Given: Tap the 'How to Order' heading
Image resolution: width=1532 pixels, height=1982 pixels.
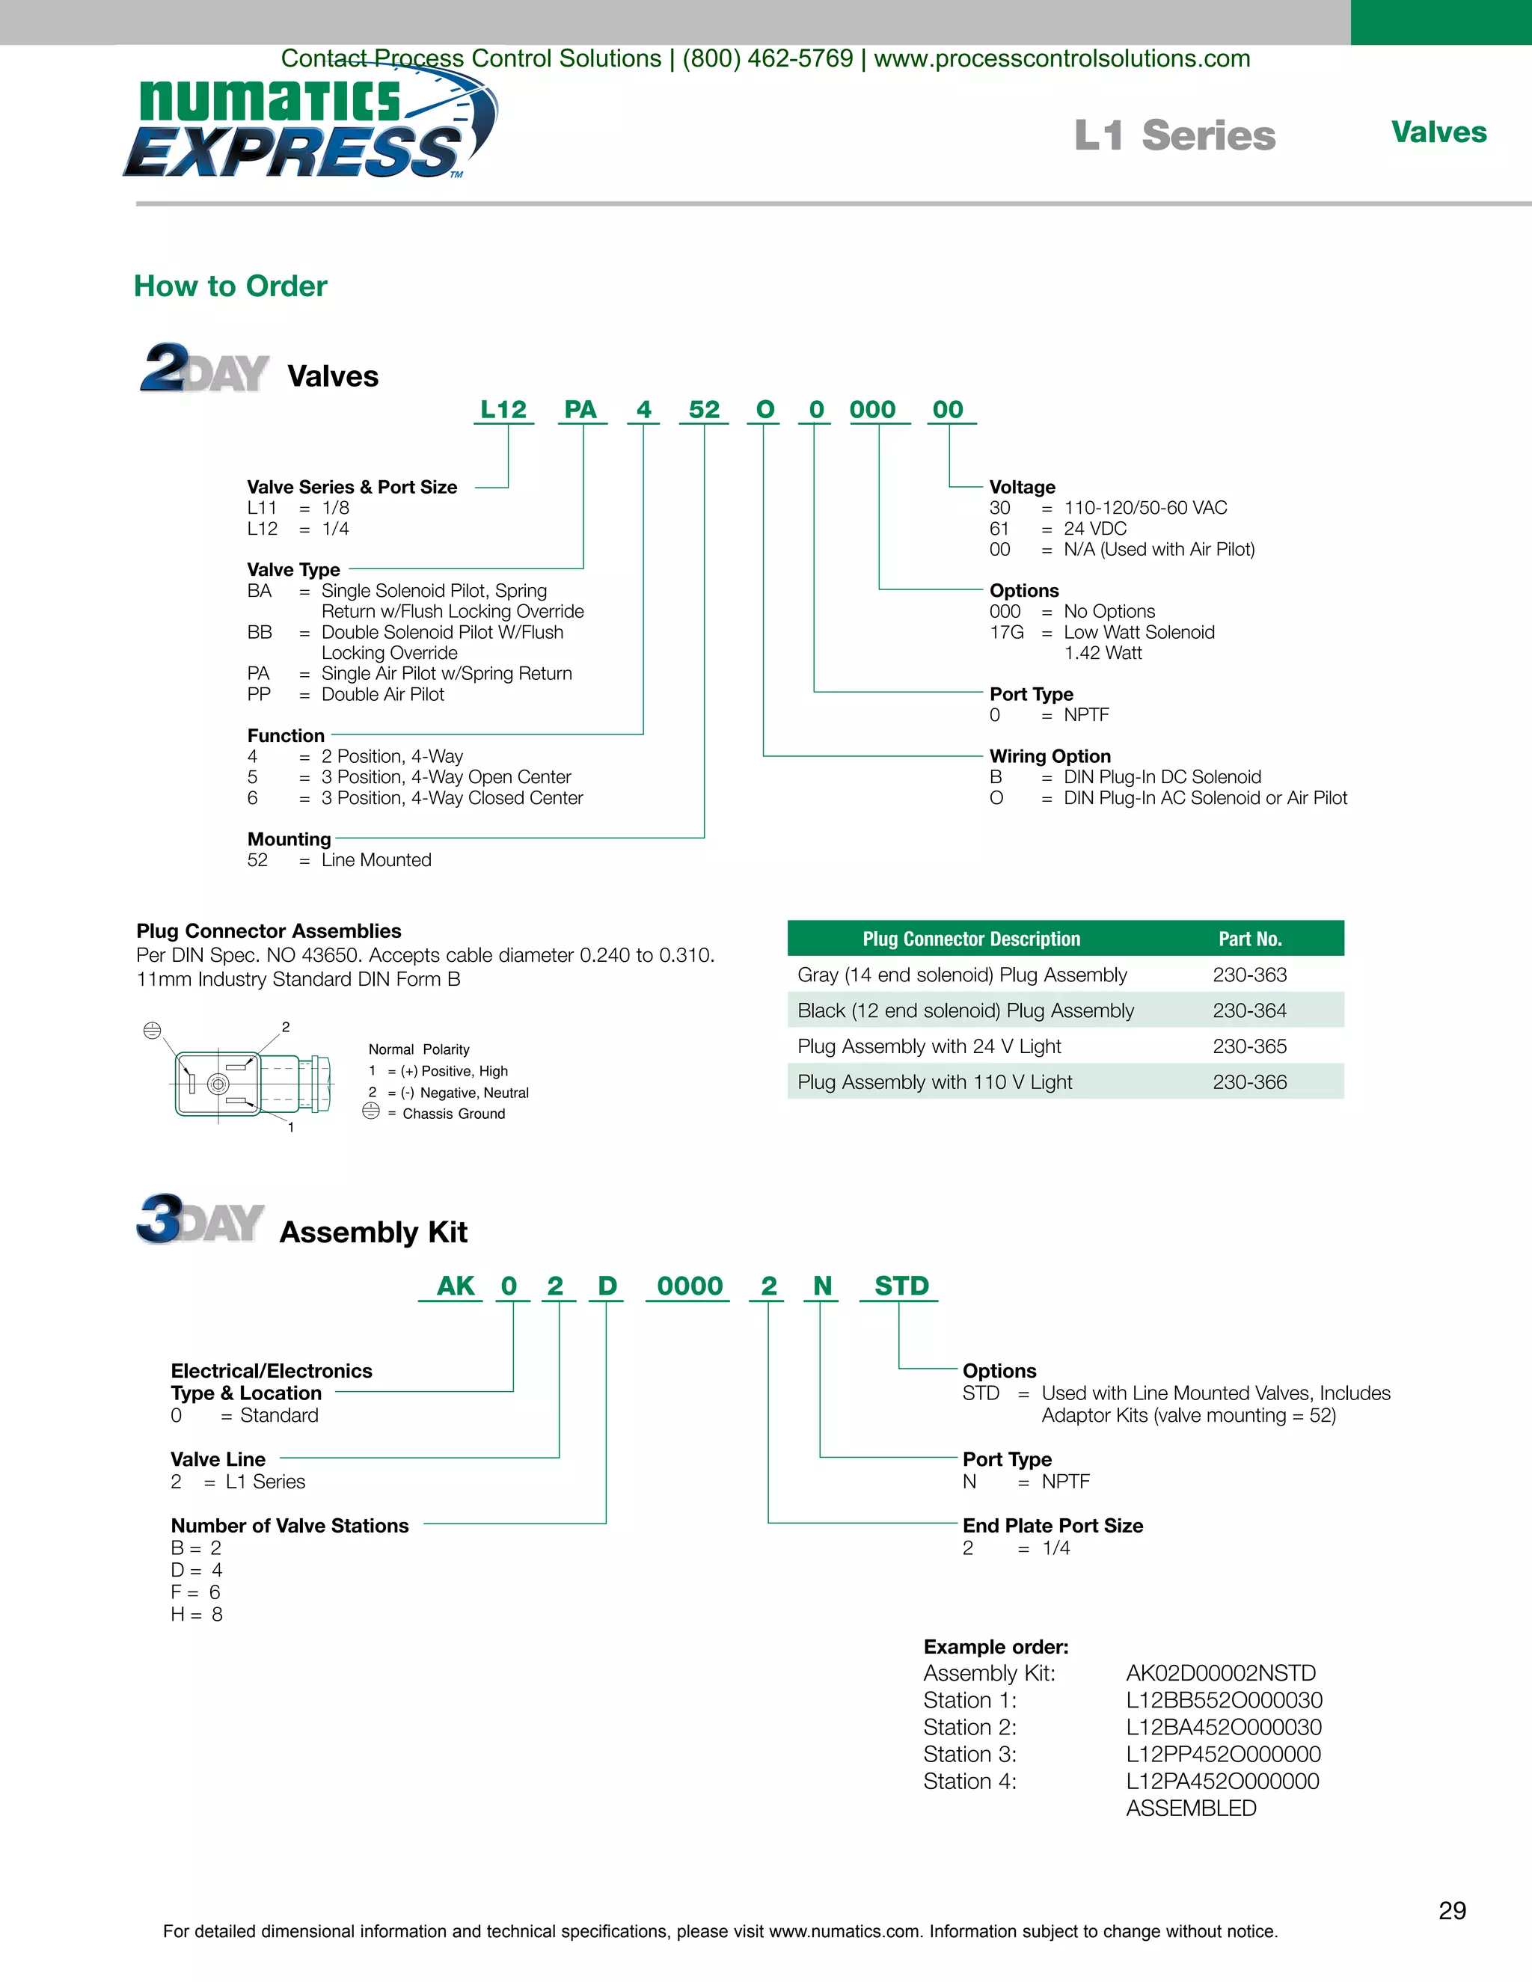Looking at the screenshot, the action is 230,286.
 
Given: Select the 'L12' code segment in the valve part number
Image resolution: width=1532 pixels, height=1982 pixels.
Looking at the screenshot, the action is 503,410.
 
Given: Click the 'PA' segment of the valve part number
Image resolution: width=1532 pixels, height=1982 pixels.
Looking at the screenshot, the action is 580,410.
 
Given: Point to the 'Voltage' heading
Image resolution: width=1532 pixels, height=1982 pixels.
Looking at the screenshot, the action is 1022,488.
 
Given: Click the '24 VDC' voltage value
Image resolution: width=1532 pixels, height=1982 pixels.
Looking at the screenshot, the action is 1094,529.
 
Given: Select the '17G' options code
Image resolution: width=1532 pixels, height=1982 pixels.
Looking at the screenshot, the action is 1007,633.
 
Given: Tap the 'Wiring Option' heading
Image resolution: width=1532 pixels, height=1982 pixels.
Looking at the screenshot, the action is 1050,757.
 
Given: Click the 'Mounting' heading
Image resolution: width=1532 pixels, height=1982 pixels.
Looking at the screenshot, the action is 289,839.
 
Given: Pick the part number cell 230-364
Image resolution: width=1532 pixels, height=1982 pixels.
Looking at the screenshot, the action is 1250,1011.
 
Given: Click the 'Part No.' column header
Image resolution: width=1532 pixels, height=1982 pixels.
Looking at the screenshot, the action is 1250,939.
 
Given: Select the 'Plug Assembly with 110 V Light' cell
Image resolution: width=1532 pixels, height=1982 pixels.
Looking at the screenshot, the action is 935,1083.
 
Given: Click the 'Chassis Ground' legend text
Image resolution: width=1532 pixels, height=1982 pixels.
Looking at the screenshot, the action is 454,1114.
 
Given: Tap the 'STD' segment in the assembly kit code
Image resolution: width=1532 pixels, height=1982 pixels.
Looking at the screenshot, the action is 901,1287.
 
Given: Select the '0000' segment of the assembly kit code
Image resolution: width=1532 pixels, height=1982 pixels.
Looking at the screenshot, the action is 690,1287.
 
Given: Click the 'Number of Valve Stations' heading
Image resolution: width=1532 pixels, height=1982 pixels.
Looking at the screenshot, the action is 289,1527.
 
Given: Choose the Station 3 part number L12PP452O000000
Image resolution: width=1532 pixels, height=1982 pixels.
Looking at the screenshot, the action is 1223,1755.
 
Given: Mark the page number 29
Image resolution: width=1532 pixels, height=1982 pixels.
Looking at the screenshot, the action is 1452,1911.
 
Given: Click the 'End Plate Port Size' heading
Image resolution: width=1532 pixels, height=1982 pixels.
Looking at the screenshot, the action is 1053,1527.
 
